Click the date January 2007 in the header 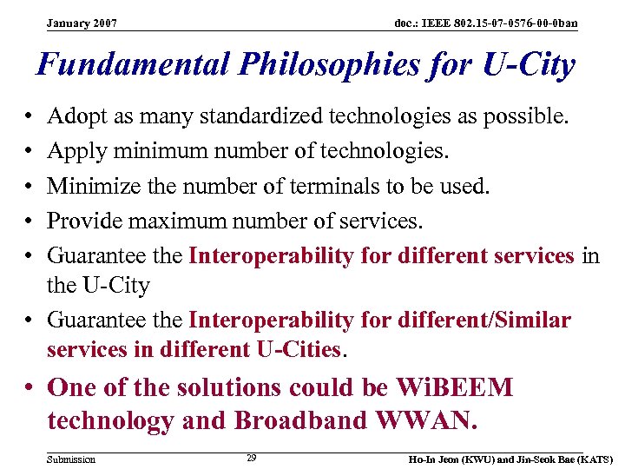pos(82,23)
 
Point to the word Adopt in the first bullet pos(74,116)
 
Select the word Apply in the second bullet pos(74,151)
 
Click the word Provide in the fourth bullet pos(86,221)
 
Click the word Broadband pos(293,421)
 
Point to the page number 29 pos(251,457)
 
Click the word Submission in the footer pos(71,459)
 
